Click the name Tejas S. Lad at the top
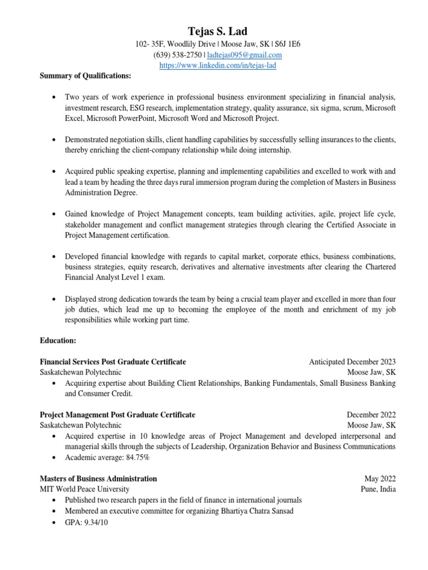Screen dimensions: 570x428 pyautogui.click(x=217, y=32)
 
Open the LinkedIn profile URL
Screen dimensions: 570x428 pyautogui.click(x=217, y=65)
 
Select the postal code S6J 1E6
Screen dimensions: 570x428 pyautogui.click(x=288, y=44)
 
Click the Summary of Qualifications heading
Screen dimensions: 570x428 pyautogui.click(x=85, y=76)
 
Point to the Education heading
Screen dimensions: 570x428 pyautogui.click(x=58, y=340)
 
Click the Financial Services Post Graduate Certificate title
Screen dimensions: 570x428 pyautogui.click(x=113, y=362)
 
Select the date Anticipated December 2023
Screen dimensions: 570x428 pyautogui.click(x=352, y=362)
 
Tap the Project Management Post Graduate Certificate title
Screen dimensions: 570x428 pyautogui.click(x=118, y=415)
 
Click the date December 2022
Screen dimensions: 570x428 pyautogui.click(x=371, y=415)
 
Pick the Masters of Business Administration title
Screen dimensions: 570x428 pyautogui.click(x=99, y=478)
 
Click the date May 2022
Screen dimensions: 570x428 pyautogui.click(x=380, y=478)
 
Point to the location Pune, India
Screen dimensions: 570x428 pyautogui.click(x=378, y=489)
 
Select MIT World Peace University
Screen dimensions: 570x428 pyautogui.click(x=85, y=489)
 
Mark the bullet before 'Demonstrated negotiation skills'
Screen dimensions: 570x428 pyautogui.click(x=53, y=140)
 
